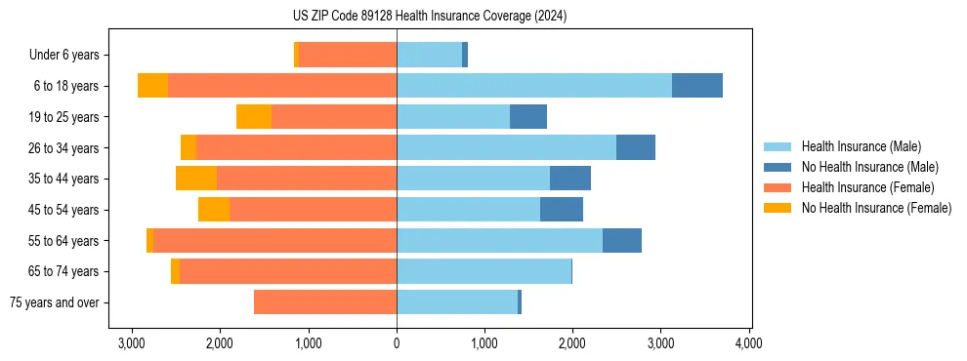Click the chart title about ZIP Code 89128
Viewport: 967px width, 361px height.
pos(429,17)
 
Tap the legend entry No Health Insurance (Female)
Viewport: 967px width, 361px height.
pos(876,208)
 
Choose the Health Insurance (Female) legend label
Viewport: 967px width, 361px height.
pos(867,187)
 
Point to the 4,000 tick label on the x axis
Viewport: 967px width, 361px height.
pos(748,343)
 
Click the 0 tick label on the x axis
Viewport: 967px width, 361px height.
pos(397,343)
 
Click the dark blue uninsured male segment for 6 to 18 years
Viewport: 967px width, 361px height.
pos(697,86)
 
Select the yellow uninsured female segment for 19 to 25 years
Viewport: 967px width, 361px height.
pos(254,117)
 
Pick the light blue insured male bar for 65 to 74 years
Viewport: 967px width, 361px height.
pos(483,271)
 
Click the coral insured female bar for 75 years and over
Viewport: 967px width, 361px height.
pos(325,302)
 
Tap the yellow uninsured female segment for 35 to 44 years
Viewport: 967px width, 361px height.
pos(196,179)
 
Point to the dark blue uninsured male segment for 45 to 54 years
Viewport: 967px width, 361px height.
pos(562,210)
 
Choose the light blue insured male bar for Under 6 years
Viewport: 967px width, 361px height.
pos(429,56)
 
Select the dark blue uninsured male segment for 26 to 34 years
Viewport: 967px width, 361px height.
pos(636,148)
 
